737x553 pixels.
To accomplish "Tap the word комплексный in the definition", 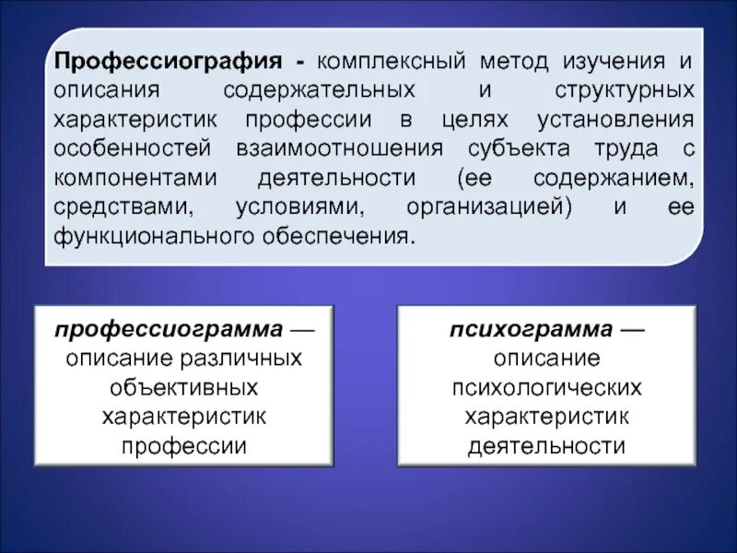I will tap(391, 63).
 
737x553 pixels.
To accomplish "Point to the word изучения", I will tap(616, 63).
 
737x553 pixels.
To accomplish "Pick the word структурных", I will tap(624, 92).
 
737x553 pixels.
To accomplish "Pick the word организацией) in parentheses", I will tap(488, 206).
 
